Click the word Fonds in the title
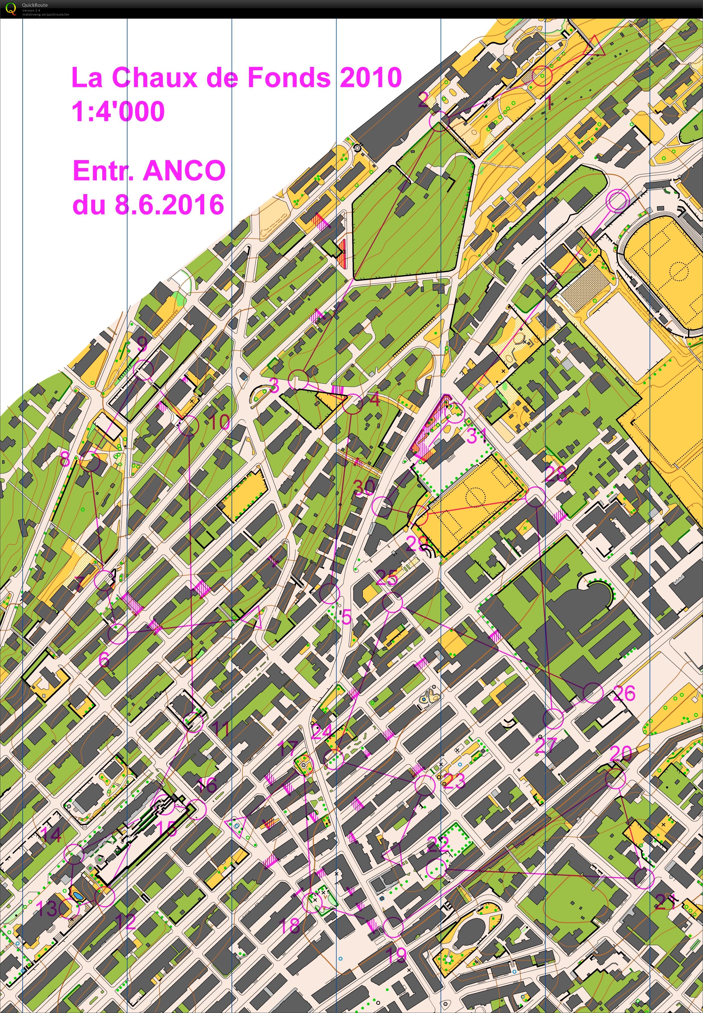click(x=289, y=78)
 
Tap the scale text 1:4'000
click(x=118, y=111)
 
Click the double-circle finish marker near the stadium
click(x=617, y=201)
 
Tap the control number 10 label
click(x=219, y=422)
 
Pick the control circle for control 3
click(x=299, y=379)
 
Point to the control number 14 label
click(x=51, y=834)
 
